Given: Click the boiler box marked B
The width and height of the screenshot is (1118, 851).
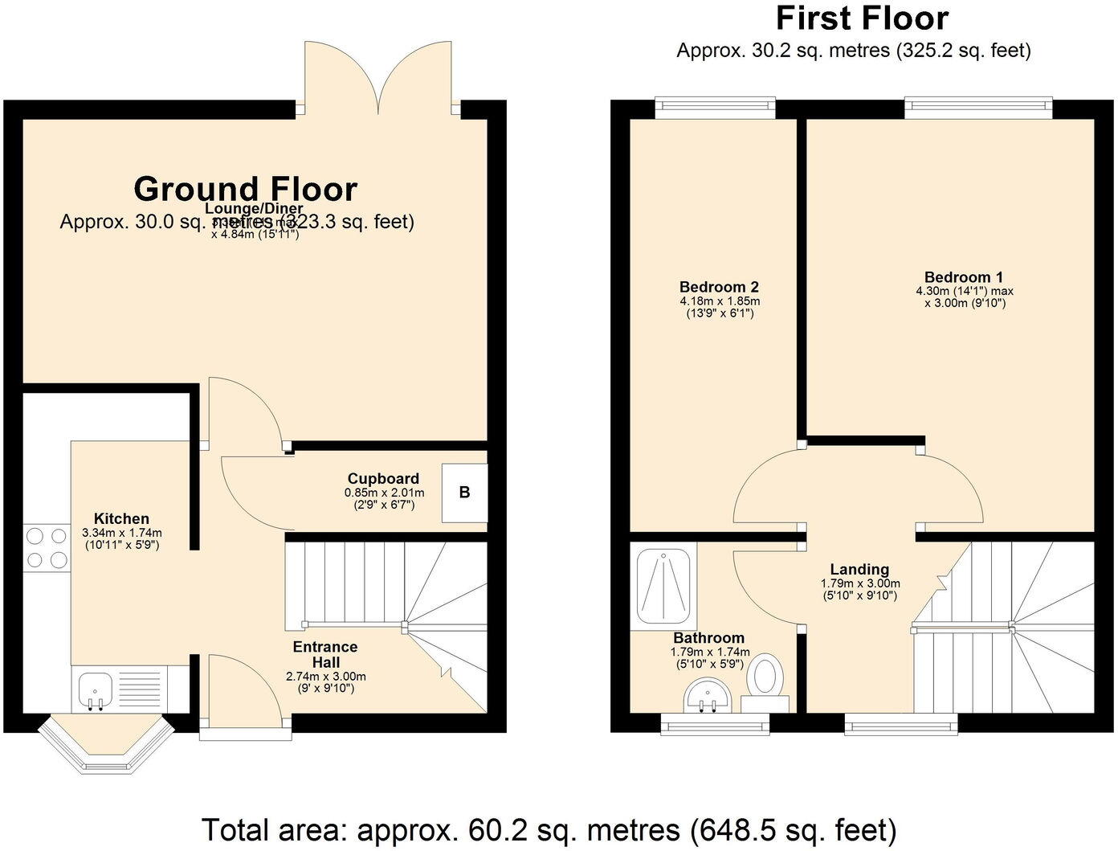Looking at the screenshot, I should [464, 493].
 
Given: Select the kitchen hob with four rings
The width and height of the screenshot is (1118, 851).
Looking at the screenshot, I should [47, 547].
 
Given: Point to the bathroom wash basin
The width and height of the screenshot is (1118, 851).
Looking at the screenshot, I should [707, 695].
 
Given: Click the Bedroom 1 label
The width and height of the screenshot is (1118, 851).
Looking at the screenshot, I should [963, 277].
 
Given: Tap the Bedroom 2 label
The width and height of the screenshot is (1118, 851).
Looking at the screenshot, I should [719, 287].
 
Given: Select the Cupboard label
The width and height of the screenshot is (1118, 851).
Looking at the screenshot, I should [383, 479].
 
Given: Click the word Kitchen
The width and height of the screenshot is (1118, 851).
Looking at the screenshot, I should [121, 518].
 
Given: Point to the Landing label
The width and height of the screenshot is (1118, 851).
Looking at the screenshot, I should [859, 569].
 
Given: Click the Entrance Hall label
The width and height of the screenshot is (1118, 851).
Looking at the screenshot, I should [325, 654].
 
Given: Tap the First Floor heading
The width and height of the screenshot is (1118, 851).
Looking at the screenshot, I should [862, 18].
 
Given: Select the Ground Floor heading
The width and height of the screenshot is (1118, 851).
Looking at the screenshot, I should [245, 189].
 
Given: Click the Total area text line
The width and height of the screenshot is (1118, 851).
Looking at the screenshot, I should [549, 829].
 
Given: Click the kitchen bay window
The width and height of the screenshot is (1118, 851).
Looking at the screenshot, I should [106, 746].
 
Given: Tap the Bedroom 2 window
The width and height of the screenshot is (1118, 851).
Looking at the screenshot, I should [715, 107].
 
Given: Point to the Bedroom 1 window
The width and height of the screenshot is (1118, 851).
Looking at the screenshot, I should [977, 107].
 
